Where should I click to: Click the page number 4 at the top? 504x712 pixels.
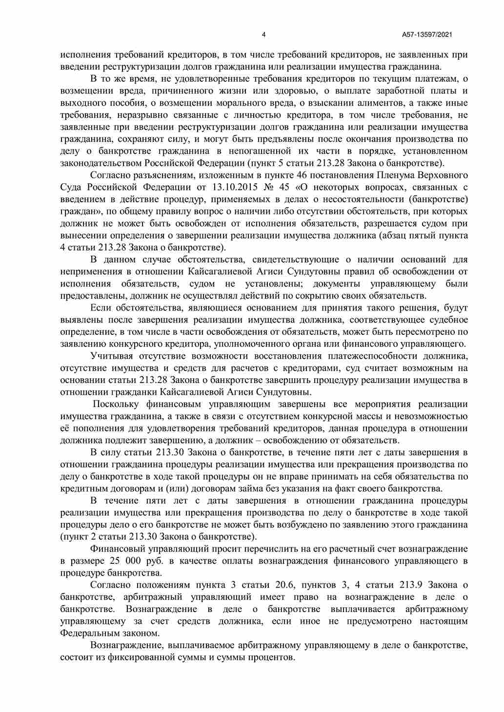[264, 35]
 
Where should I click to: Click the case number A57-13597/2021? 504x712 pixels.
[427, 35]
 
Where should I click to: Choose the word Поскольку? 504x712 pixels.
[116, 404]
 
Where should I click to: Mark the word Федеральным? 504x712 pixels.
[91, 633]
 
